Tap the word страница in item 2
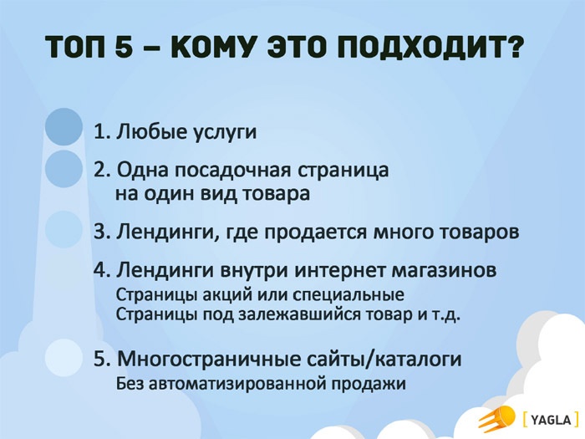(x=343, y=170)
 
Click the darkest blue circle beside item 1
(x=64, y=128)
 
